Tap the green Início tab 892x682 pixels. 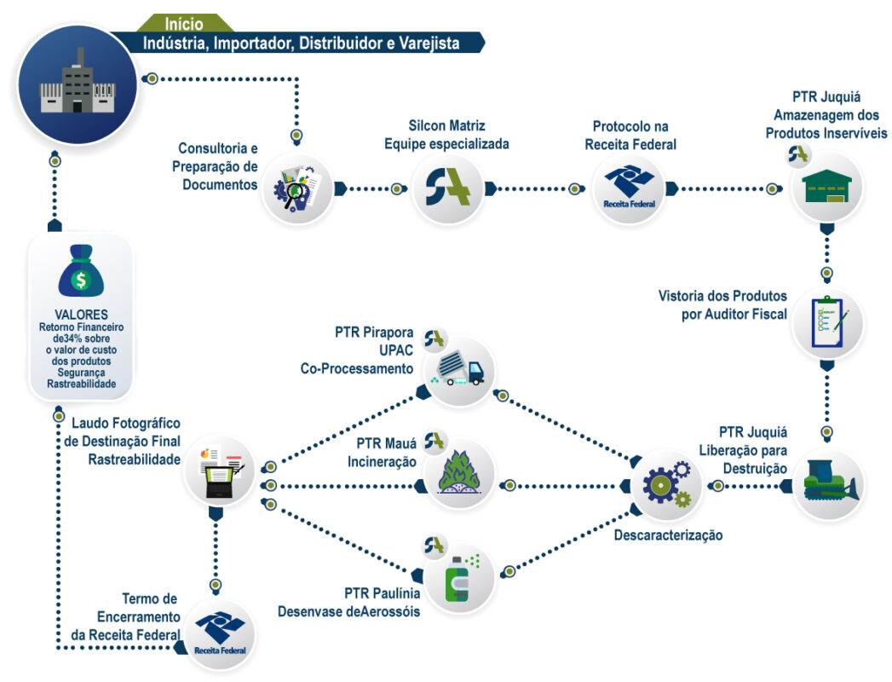point(184,24)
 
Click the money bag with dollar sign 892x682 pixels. point(81,270)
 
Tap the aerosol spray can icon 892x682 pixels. point(460,578)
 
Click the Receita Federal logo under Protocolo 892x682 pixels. point(628,189)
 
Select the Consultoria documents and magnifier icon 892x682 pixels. point(296,189)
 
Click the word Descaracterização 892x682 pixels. point(668,535)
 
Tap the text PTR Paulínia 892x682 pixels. point(382,593)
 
